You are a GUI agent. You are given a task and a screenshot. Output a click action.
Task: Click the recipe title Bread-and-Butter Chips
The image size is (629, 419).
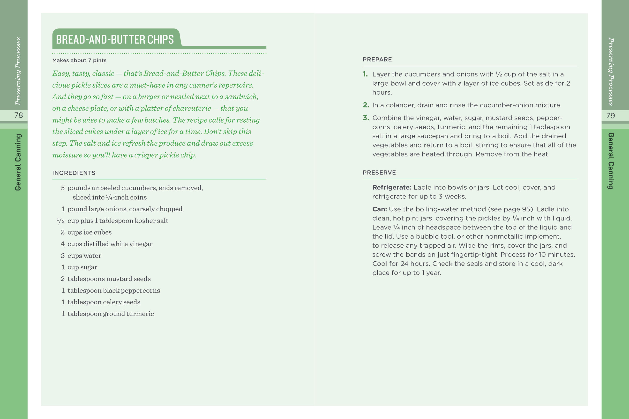coord(115,40)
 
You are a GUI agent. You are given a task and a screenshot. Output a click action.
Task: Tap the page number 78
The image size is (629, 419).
coord(18,115)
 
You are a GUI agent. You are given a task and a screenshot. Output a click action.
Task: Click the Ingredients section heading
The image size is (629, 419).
coord(74,173)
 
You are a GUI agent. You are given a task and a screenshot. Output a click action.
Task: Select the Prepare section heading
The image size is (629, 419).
coord(377,59)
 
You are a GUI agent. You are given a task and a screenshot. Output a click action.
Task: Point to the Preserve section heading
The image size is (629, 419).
coord(379,172)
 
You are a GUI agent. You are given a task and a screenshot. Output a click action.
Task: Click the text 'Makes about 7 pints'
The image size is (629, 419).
coord(79,60)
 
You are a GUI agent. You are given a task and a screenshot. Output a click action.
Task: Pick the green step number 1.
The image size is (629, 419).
coord(365,74)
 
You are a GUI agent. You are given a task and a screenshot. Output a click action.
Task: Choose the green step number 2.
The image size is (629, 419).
coord(366,105)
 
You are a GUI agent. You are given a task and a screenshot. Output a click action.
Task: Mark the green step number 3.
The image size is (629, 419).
coord(366,118)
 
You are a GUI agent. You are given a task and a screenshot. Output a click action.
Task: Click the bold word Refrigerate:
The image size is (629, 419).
coord(392,187)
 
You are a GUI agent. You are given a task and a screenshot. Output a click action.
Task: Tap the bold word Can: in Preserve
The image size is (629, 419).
coord(379,209)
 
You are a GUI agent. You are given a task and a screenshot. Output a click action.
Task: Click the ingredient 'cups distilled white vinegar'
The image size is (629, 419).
coord(110,244)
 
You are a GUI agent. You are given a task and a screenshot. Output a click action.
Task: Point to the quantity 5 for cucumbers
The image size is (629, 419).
coord(63,188)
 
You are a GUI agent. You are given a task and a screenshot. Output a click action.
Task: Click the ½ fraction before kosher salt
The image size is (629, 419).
coord(61,221)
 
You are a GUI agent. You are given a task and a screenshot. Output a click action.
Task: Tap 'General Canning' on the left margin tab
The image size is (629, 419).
coord(18,162)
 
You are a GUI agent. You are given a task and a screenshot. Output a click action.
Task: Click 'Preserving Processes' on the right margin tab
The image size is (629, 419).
coord(611,71)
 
